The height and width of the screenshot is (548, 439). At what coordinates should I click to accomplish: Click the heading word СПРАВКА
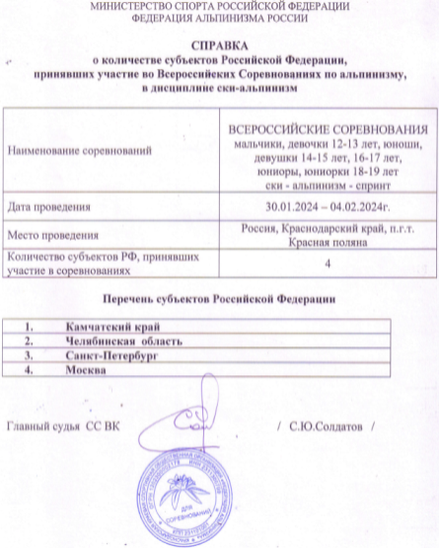(219, 45)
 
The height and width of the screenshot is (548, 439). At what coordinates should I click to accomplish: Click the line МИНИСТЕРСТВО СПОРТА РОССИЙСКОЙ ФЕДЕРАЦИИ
(218, 6)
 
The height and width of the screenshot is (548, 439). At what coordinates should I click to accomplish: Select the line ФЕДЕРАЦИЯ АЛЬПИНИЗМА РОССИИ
(218, 18)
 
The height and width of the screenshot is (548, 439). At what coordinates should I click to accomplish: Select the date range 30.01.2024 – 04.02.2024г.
(325, 206)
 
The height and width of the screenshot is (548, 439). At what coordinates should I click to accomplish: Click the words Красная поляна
(325, 242)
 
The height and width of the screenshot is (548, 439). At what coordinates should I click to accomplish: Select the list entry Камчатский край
(111, 326)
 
